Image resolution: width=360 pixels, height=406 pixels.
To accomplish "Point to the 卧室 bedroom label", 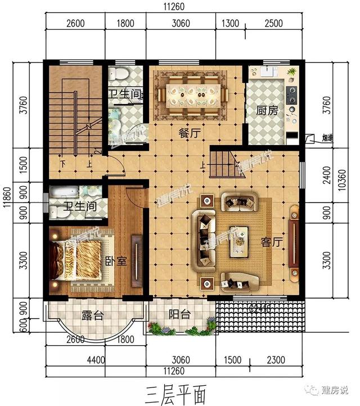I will [114, 262].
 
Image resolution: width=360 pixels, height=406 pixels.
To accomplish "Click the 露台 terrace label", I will [93, 316].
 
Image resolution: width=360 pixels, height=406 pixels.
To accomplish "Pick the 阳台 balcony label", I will [179, 315].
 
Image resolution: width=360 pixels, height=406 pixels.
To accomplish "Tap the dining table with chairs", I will [195, 93].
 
